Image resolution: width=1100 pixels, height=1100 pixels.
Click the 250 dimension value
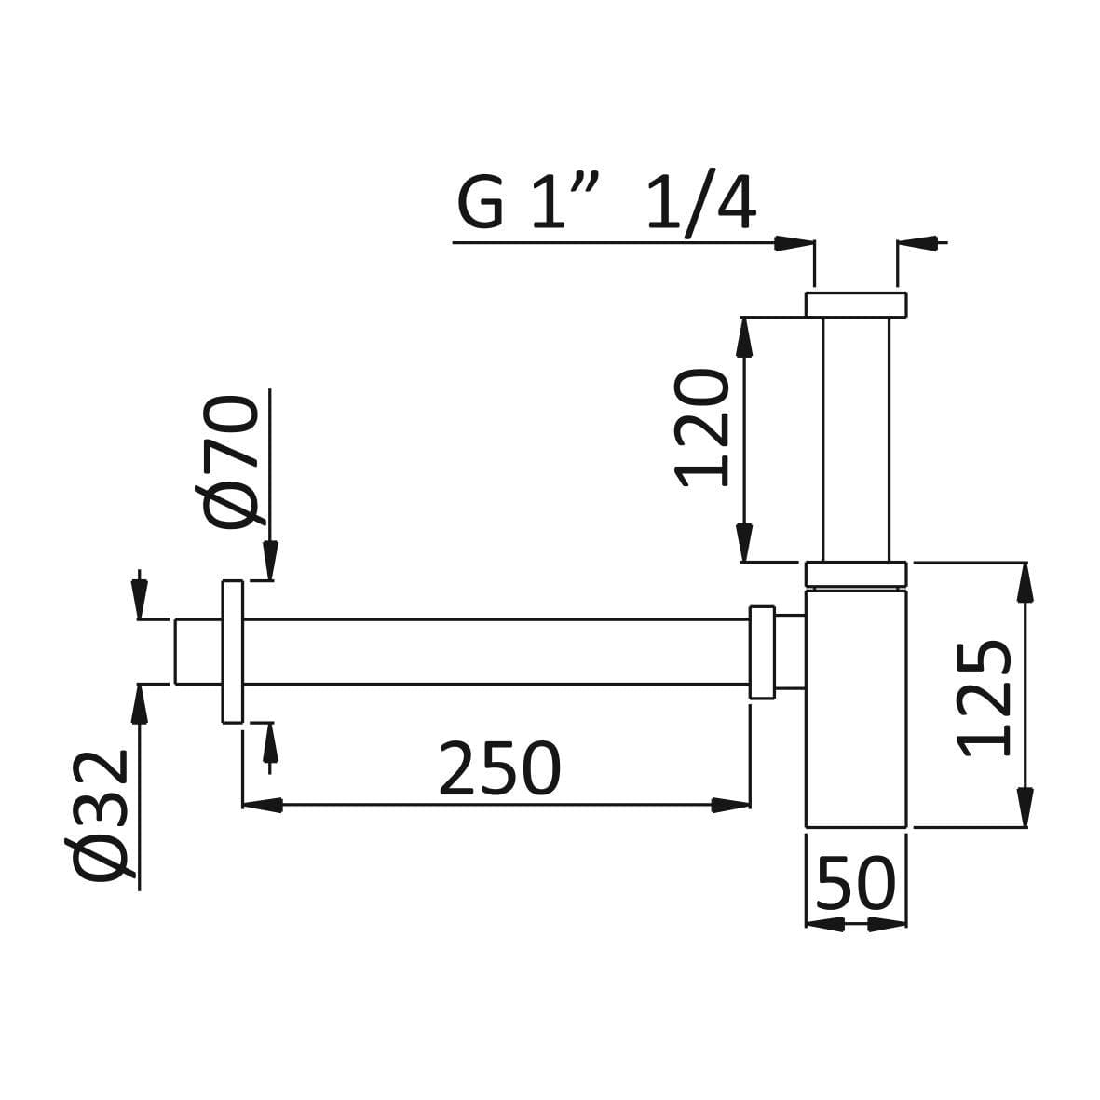pyautogui.click(x=499, y=767)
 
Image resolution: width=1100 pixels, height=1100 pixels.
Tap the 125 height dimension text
pyautogui.click(x=985, y=698)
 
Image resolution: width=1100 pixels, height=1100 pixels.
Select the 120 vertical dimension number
pyautogui.click(x=701, y=428)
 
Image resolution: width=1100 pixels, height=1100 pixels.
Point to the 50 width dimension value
pyautogui.click(x=856, y=883)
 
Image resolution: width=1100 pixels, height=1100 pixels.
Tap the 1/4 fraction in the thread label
pyautogui.click(x=700, y=200)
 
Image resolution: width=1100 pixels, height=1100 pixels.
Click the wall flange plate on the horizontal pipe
pyautogui.click(x=233, y=652)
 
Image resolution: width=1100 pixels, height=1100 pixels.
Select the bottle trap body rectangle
pyautogui.click(x=856, y=709)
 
